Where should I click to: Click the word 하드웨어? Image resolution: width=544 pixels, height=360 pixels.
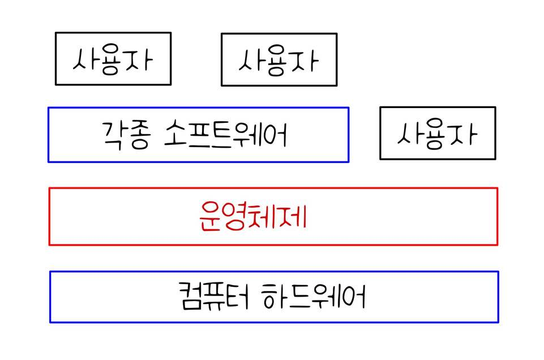[x=315, y=297]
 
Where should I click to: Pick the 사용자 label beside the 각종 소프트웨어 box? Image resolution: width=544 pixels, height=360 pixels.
[x=437, y=134]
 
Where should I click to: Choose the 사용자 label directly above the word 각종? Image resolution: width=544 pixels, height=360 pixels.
[x=113, y=59]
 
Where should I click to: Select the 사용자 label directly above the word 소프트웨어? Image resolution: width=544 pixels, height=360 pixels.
[x=279, y=59]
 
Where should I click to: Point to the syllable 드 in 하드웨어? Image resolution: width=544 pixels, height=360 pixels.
[x=302, y=297]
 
